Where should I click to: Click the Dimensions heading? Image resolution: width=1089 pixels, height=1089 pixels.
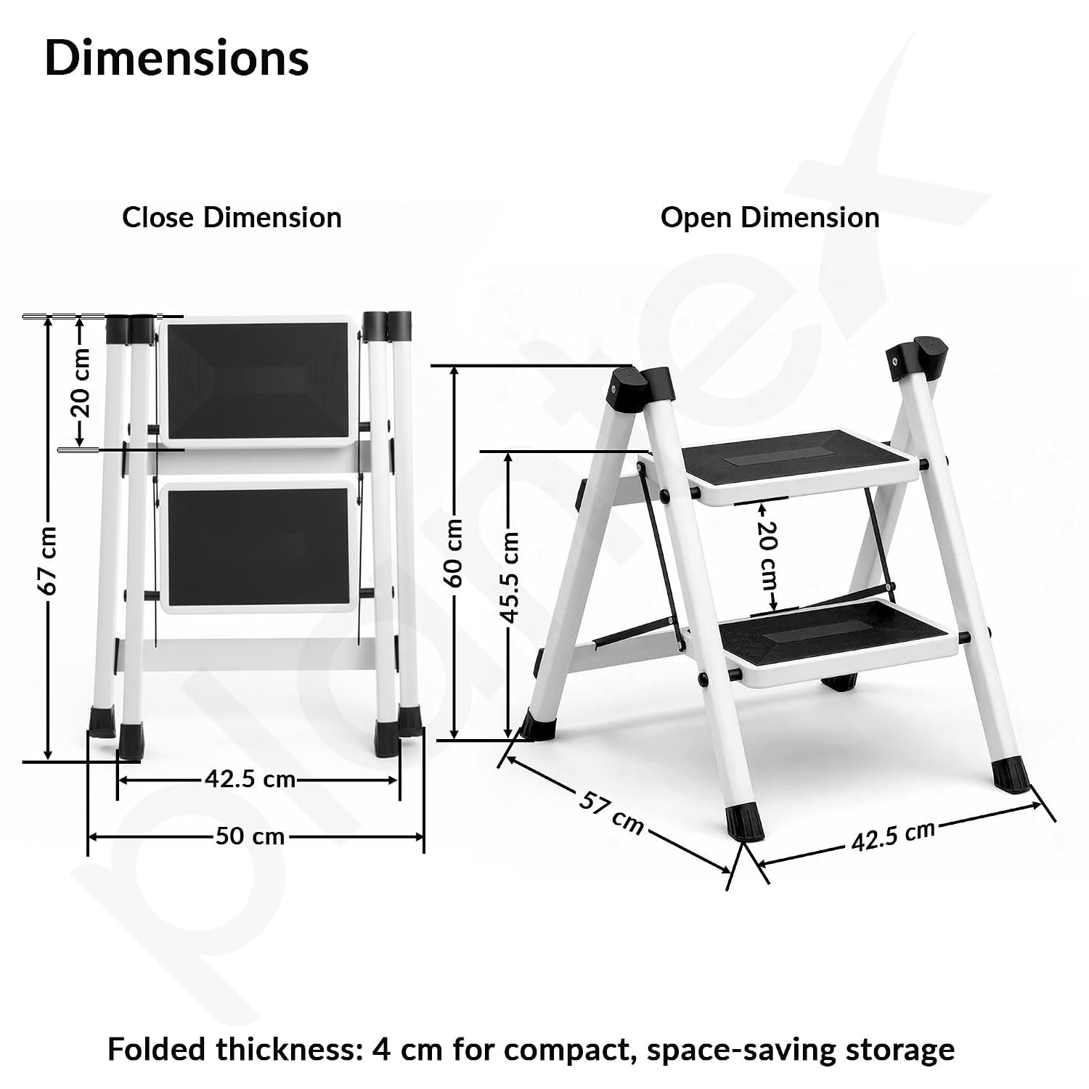[x=177, y=57]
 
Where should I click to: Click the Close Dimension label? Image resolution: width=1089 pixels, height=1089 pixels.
[x=232, y=217]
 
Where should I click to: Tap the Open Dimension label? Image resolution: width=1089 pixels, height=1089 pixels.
[x=770, y=217]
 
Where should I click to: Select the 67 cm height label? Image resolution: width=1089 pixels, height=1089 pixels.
[x=49, y=560]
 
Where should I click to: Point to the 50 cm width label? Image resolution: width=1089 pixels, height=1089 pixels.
[x=250, y=836]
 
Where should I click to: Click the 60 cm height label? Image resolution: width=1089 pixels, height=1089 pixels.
[x=454, y=552]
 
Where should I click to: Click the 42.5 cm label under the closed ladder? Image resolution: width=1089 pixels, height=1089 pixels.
[x=250, y=780]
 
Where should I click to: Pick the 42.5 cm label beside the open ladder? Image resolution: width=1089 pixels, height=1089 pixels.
[x=893, y=836]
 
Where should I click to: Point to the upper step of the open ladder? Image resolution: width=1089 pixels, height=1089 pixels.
[x=783, y=466]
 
